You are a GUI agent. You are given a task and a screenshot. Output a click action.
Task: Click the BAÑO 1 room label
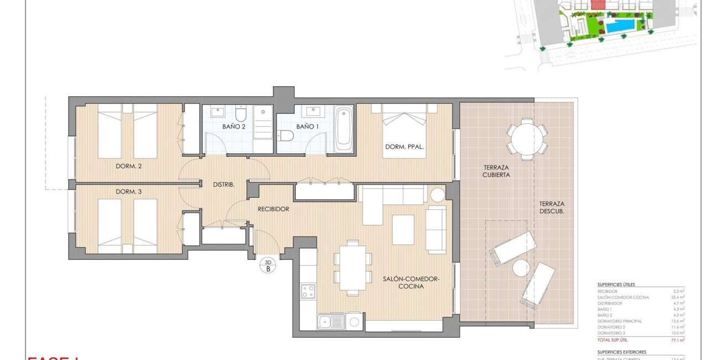tap(307, 126)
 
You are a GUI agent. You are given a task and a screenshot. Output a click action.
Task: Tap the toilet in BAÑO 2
tap(240, 115)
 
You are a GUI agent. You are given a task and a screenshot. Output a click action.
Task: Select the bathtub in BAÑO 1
tap(343, 129)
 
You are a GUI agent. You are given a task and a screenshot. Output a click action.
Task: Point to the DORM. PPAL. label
tap(405, 147)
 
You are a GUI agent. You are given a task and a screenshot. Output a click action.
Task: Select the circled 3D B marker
tap(269, 266)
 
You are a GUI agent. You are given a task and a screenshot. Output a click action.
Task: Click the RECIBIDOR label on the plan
tap(274, 209)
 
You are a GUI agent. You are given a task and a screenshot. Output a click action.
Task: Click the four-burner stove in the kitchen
tap(308, 291)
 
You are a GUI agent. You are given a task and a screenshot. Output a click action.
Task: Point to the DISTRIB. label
tap(224, 184)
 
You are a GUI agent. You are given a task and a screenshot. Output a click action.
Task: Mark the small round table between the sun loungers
tap(521, 269)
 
